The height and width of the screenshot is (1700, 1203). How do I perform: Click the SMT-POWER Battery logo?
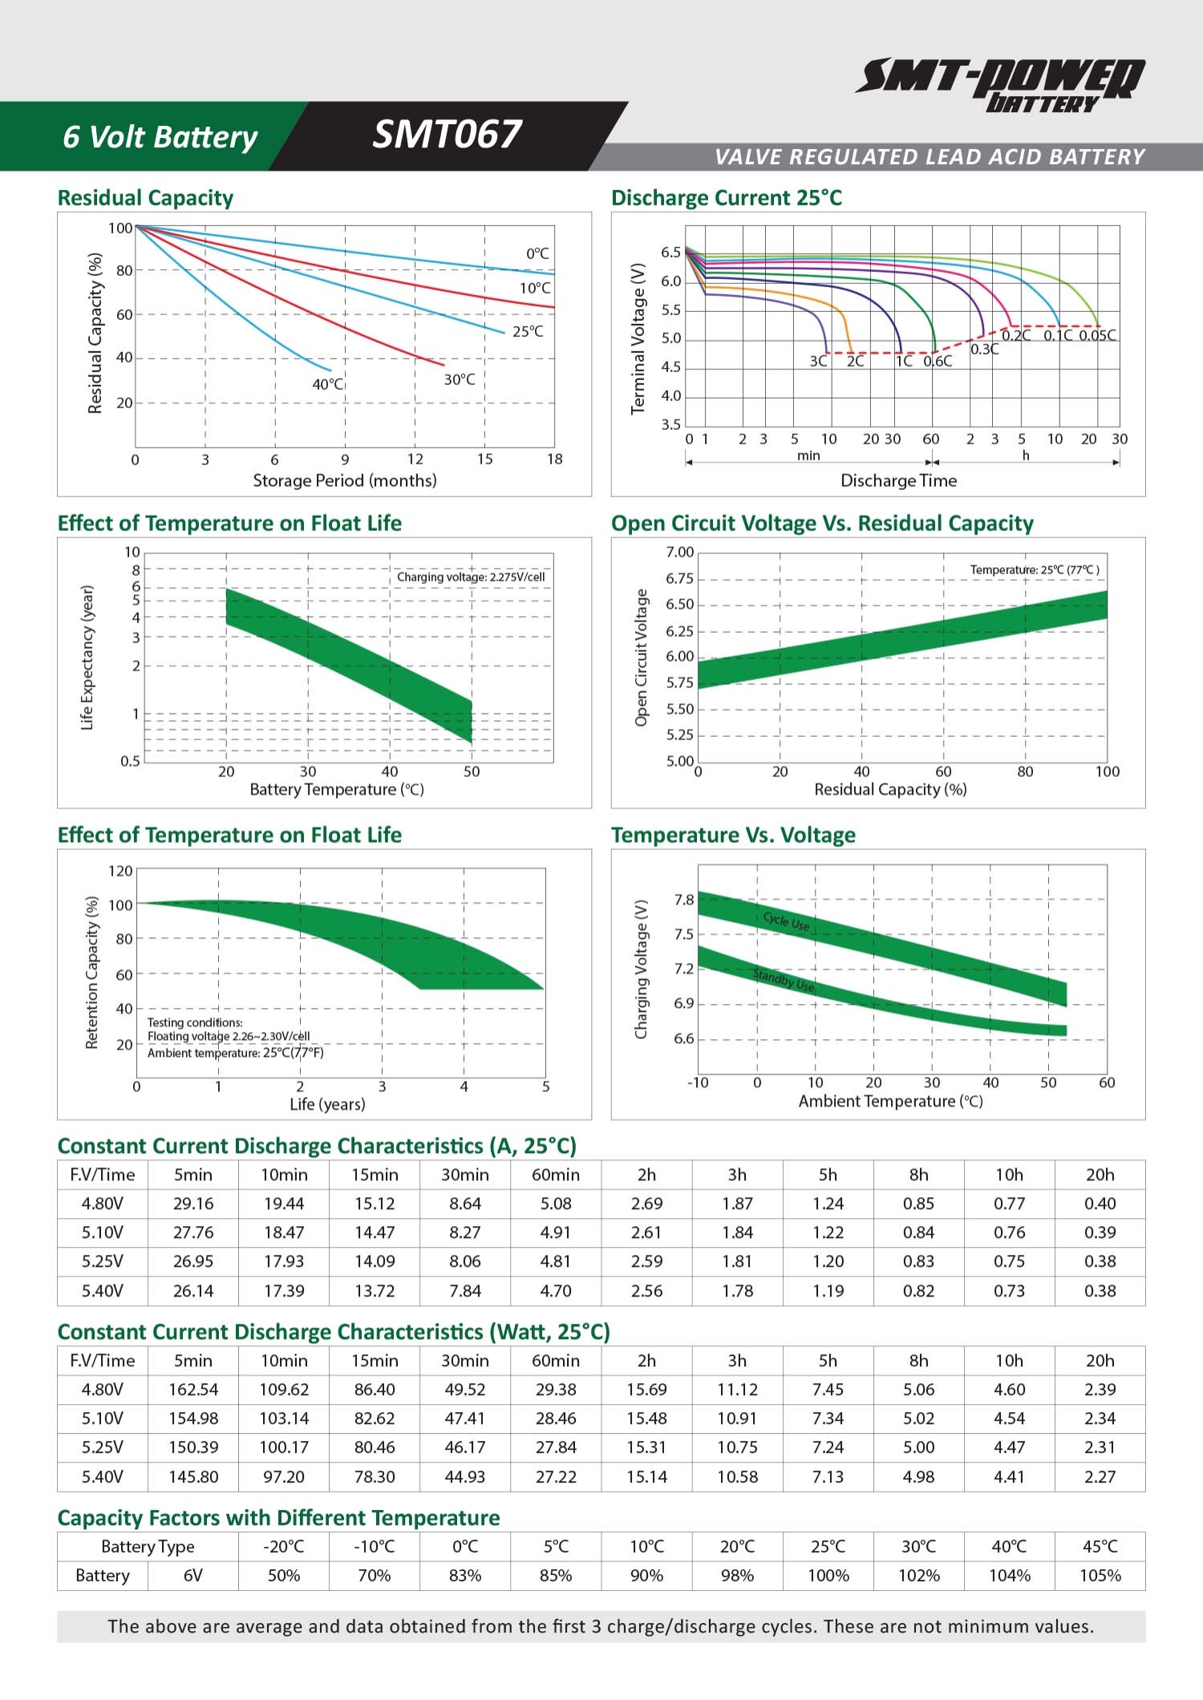1000,84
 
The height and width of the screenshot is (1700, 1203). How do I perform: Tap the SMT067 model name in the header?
447,135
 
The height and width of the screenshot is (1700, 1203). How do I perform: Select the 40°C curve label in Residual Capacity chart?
327,384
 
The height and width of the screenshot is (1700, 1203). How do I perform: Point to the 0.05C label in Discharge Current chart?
1097,335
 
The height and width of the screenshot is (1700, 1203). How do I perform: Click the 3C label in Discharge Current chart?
818,361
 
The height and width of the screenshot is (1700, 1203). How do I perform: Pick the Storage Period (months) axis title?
345,480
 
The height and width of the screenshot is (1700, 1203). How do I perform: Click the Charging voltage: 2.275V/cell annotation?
471,577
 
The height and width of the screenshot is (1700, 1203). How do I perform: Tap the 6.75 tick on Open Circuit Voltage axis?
679,578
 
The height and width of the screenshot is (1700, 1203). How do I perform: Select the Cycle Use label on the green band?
787,922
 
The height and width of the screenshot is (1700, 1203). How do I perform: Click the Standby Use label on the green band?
784,980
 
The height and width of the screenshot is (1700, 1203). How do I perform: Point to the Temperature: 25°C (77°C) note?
1035,569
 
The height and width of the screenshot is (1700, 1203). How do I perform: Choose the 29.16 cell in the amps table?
193,1203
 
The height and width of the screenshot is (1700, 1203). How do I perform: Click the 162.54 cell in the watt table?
193,1389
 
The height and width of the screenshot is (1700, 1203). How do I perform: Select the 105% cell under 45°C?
1100,1575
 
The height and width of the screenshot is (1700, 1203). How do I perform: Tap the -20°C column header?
284,1546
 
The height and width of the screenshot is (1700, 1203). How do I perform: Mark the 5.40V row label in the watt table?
103,1476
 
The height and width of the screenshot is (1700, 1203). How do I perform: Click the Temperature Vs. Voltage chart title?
733,835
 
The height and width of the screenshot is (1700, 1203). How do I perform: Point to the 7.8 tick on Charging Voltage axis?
684,900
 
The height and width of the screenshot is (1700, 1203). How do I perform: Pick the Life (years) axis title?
327,1104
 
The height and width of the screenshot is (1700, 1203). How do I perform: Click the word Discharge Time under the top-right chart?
898,480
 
